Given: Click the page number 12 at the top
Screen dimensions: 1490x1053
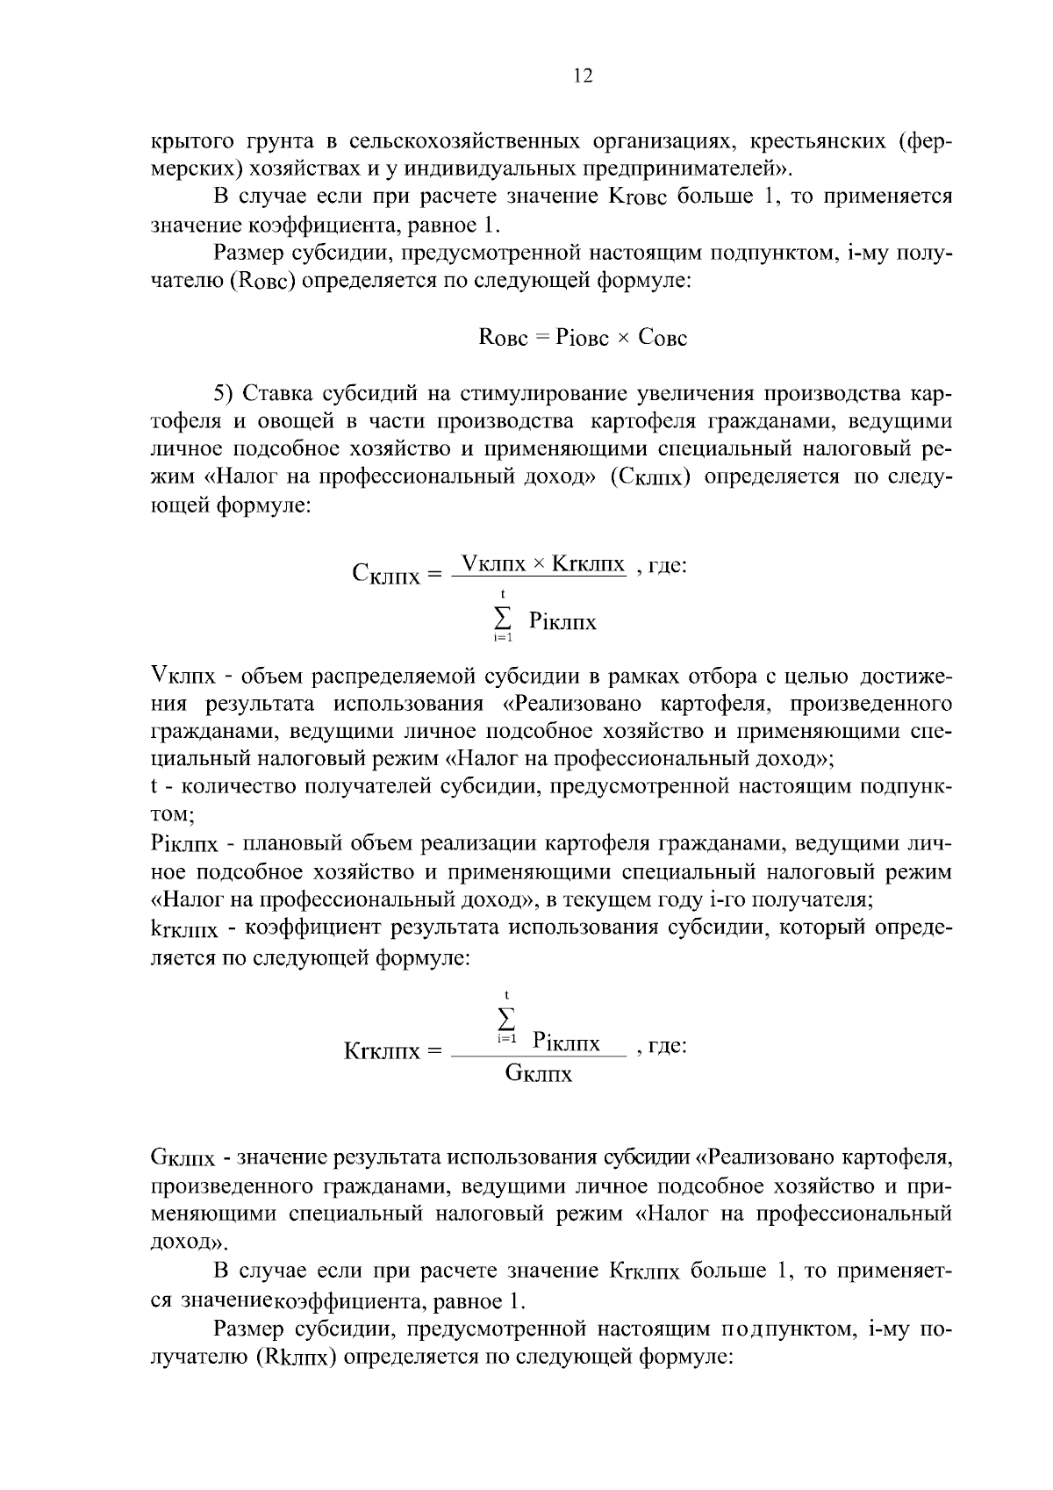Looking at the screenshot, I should tap(583, 75).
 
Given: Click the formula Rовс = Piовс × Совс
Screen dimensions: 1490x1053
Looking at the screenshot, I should tap(583, 338).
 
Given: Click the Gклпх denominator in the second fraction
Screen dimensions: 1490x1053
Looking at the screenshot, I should tap(539, 1073).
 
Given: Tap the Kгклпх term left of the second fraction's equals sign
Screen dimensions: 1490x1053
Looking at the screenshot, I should tap(382, 1050).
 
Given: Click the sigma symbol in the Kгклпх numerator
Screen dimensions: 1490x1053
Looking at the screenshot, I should tap(506, 1018).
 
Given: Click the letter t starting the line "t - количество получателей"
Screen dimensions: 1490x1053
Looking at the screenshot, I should tap(154, 787).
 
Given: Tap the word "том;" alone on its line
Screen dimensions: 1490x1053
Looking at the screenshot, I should tap(173, 814).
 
